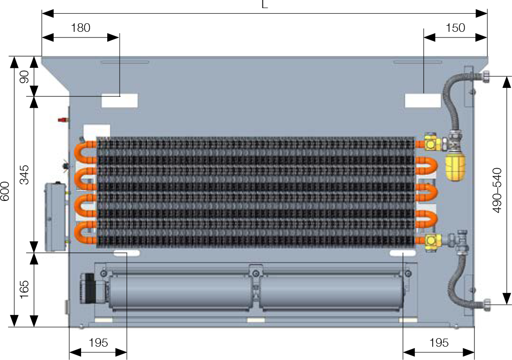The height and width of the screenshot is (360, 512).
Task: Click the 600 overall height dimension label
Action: (x=5, y=191)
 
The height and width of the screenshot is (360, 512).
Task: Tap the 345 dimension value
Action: (x=24, y=175)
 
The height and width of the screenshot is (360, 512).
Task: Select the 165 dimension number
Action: (x=24, y=289)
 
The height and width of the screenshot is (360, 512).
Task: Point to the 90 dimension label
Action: (x=24, y=77)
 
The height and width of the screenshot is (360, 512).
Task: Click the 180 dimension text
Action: (x=81, y=28)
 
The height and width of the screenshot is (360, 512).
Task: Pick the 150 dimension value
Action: (x=455, y=28)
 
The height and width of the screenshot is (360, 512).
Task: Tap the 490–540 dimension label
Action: (x=497, y=190)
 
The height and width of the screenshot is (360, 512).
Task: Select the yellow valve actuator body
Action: (x=455, y=167)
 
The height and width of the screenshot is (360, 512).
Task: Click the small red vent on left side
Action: (x=63, y=120)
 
